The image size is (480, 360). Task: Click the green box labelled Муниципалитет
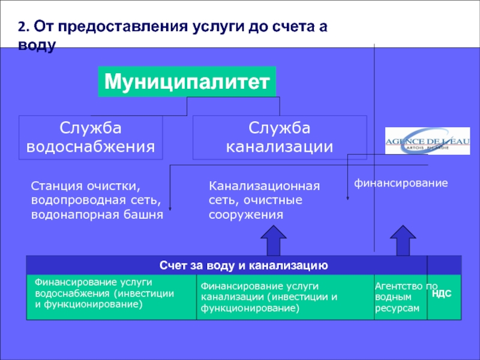(187, 82)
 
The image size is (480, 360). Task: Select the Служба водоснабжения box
(91, 137)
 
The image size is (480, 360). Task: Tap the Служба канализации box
(279, 137)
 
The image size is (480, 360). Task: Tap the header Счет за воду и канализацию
(243, 265)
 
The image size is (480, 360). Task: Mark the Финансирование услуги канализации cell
(284, 297)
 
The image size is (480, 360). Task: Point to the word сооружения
(245, 214)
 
